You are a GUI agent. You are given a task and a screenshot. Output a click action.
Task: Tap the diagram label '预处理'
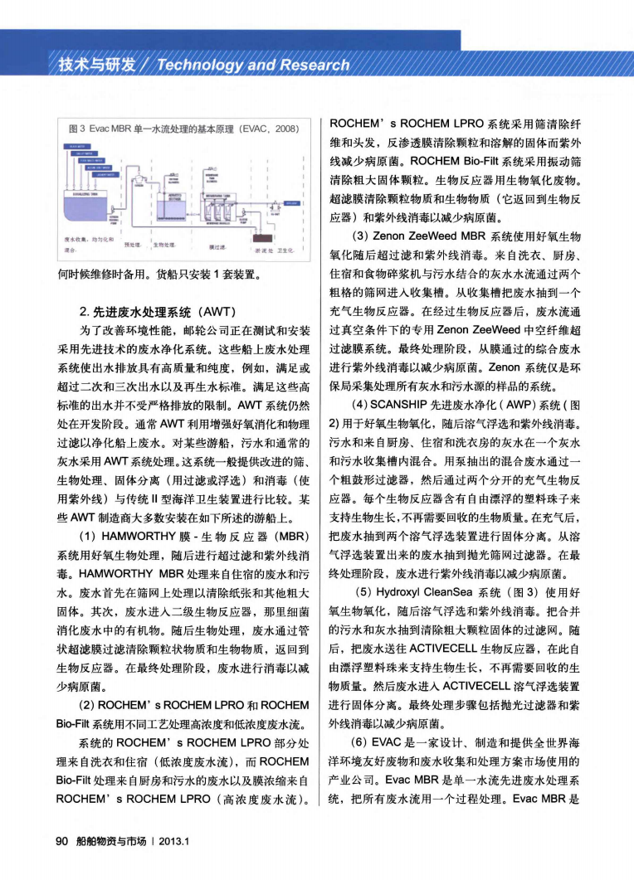point(131,246)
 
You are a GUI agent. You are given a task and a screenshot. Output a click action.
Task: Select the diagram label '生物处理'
point(163,246)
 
